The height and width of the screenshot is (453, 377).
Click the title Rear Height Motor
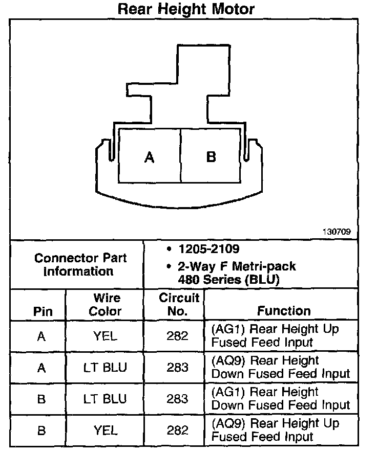(x=186, y=9)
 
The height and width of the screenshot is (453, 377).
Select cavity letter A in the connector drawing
(x=149, y=157)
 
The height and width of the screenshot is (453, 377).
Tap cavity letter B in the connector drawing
(x=211, y=157)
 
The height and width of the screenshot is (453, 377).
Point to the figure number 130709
(x=336, y=231)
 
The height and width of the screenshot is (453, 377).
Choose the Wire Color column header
(x=107, y=304)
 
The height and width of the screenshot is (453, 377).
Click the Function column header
(x=284, y=311)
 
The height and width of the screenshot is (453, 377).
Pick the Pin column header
(x=42, y=311)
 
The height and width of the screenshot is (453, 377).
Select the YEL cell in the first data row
(x=106, y=336)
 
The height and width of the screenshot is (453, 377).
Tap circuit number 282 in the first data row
(x=177, y=336)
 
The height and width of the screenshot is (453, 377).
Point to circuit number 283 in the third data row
(x=177, y=399)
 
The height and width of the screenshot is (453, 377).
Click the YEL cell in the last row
(x=106, y=431)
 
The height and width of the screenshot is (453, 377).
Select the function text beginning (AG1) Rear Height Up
(x=276, y=335)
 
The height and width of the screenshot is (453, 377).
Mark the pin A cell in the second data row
(x=41, y=368)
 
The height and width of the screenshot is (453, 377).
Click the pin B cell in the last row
(x=41, y=431)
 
